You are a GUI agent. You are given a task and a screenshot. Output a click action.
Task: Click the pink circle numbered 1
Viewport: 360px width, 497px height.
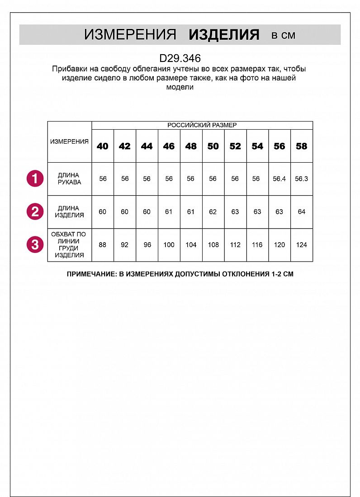click(35, 178)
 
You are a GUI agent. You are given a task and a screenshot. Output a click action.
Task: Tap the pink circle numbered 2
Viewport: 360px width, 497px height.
click(35, 211)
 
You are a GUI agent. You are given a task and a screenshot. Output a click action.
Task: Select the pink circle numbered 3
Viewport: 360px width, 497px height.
click(35, 245)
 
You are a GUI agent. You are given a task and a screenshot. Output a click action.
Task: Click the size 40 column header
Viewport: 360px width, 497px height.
click(103, 146)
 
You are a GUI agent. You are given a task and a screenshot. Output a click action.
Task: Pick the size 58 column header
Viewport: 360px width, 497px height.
click(301, 146)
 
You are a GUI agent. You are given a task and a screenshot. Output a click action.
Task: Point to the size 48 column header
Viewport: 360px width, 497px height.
click(191, 146)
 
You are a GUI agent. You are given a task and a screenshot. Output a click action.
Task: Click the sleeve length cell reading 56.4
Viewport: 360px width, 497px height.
click(279, 178)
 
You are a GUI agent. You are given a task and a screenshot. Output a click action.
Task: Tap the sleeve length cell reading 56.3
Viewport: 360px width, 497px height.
click(301, 178)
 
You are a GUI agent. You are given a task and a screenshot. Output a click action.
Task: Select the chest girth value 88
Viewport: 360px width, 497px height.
click(103, 245)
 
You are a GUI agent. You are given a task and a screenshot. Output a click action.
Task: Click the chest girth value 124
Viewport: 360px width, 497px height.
click(301, 245)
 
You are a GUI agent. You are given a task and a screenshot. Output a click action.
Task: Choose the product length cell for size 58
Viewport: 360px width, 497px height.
click(301, 211)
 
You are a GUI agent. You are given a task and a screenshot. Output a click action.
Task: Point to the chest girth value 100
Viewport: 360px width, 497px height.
click(169, 245)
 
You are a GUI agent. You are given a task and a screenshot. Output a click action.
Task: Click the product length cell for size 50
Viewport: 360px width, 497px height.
click(213, 211)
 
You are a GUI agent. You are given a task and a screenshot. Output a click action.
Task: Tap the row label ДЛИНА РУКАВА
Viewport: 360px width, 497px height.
click(69, 178)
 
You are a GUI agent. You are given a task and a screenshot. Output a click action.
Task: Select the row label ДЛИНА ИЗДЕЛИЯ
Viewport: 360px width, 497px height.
click(69, 211)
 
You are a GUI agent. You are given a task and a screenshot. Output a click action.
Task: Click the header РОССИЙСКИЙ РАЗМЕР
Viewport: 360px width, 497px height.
click(202, 125)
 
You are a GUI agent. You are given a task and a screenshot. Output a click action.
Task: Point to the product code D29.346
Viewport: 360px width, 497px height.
click(180, 58)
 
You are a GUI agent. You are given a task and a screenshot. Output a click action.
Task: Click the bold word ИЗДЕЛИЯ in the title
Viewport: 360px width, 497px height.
click(224, 35)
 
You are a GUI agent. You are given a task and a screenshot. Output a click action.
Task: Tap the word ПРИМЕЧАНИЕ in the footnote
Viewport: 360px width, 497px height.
click(90, 274)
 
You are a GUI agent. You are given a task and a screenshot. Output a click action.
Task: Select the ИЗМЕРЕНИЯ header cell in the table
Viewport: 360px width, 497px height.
click(69, 141)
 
